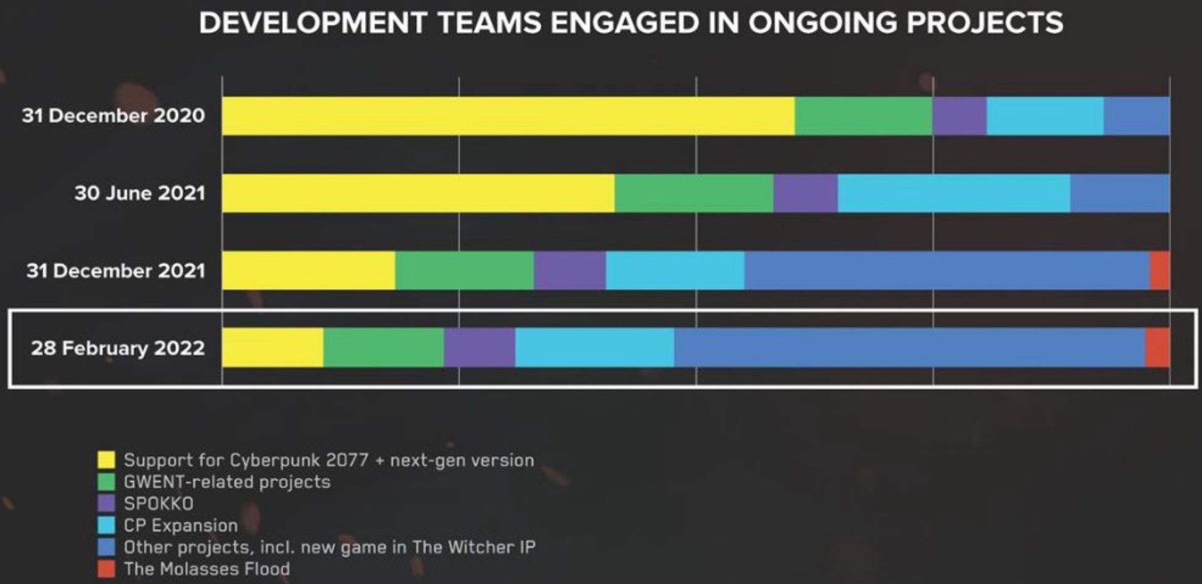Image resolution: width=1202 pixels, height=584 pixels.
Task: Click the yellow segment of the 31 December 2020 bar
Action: (508, 116)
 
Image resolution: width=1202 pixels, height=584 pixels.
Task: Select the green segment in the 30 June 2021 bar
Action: (694, 194)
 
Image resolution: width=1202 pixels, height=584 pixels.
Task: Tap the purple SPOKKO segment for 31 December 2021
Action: (570, 271)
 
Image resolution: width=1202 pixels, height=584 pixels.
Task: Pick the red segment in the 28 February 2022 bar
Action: (1158, 348)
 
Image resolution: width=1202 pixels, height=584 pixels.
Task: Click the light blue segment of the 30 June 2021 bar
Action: (954, 194)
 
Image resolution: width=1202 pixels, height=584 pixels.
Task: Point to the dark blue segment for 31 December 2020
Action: (1137, 116)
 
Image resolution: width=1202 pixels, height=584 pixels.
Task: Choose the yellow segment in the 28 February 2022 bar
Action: (272, 348)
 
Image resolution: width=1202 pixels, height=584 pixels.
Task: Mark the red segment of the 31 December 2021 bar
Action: (1159, 271)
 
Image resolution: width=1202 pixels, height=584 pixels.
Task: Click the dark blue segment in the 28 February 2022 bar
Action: (909, 348)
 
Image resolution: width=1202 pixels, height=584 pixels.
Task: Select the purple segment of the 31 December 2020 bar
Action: (959, 116)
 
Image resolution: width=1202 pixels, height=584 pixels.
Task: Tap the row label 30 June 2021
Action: (140, 194)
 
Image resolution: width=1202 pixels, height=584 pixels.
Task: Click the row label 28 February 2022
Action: (118, 348)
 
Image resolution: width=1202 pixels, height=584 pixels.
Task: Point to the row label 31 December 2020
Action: (114, 116)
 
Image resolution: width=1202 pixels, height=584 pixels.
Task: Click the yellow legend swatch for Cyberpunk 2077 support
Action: (106, 460)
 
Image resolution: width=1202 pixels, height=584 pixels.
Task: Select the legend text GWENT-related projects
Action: (227, 482)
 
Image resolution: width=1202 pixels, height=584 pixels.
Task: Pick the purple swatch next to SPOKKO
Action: (106, 503)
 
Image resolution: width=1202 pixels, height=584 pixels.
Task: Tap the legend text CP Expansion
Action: (181, 525)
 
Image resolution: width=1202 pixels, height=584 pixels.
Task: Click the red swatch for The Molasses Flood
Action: (106, 569)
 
